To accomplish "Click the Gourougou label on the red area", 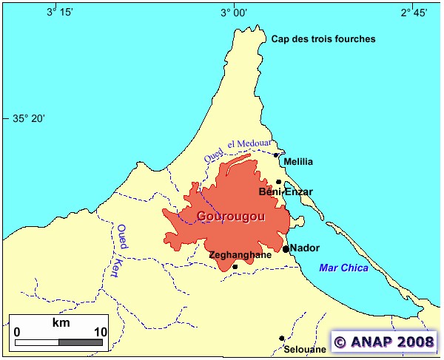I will [230, 216].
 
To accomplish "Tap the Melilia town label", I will [298, 162].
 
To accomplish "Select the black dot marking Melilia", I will [277, 155].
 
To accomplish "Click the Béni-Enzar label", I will [286, 192].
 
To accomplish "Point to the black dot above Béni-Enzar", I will [279, 182].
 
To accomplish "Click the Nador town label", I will [305, 248].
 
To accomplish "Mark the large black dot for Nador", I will [286, 249].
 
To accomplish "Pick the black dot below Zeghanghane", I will [235, 267].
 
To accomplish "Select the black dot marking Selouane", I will [282, 339].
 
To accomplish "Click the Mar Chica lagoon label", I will [343, 268].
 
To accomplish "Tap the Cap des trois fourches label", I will [323, 39].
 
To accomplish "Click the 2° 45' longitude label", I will [414, 12].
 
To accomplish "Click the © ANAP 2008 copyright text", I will [383, 342].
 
